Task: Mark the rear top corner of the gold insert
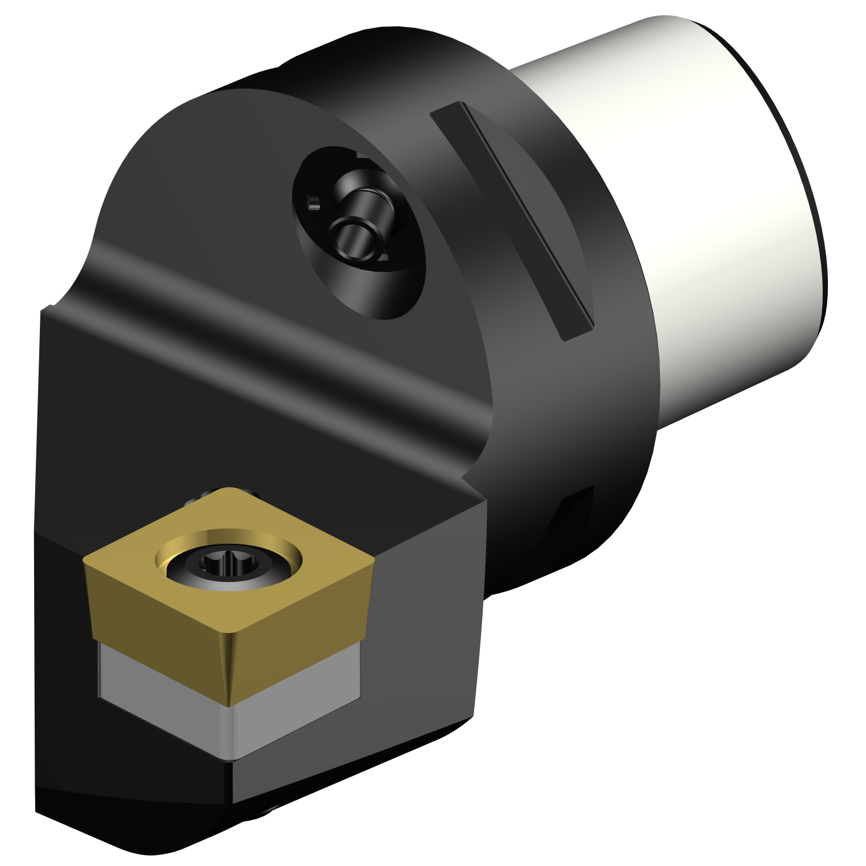coord(231,489)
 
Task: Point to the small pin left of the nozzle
coord(313,203)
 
